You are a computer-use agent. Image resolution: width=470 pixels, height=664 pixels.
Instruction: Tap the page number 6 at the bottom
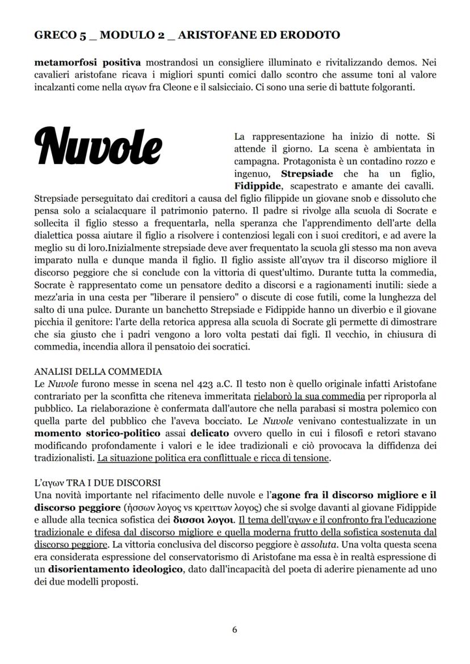[x=235, y=629]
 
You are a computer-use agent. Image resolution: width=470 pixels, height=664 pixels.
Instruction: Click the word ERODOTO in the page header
[x=313, y=35]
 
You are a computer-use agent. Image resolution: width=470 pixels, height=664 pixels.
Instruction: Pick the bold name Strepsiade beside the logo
[x=307, y=173]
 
